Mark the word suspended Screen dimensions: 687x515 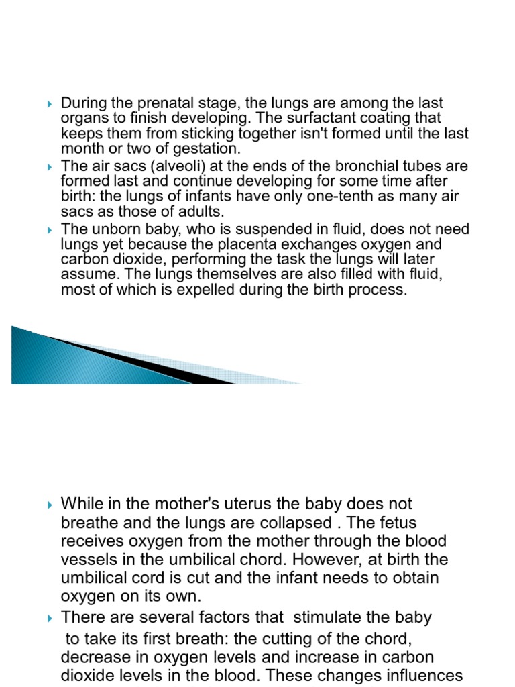tap(289, 229)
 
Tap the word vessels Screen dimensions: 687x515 tap(87, 560)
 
